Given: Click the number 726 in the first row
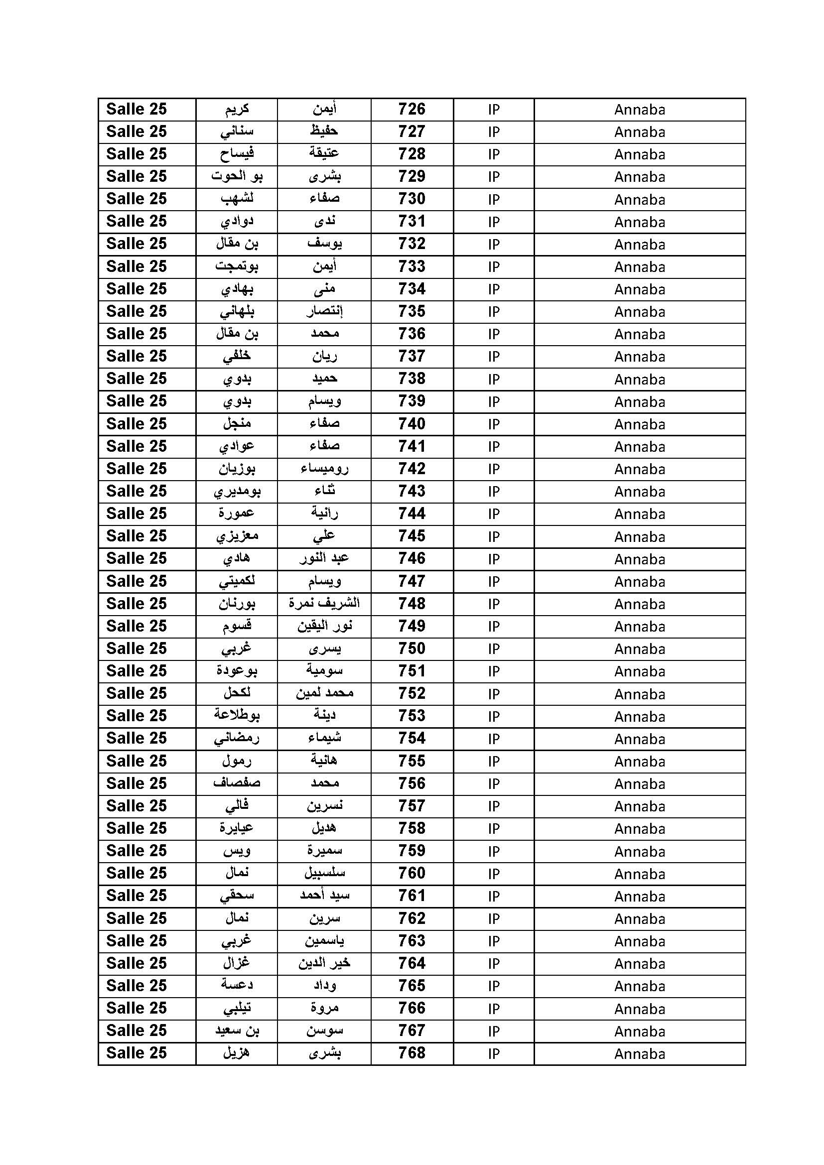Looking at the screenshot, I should click(412, 109).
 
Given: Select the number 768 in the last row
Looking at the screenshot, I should click(412, 1053).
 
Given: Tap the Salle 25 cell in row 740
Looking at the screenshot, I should click(137, 424).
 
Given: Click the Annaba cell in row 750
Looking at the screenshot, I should click(639, 649).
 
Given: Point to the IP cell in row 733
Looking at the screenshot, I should click(494, 267).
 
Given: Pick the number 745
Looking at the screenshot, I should click(412, 536).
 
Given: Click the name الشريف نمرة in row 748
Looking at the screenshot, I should click(324, 603).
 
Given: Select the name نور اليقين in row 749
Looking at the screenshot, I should click(324, 626).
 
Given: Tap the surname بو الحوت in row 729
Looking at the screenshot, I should click(237, 177).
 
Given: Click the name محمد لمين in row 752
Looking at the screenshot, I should click(324, 693).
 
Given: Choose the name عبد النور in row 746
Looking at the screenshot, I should click(324, 559).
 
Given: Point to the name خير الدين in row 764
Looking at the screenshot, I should click(324, 963).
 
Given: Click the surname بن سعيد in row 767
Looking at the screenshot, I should click(237, 1031).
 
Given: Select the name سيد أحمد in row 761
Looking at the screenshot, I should click(324, 896).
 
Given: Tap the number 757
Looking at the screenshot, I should click(412, 806).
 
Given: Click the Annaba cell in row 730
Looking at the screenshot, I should click(639, 199).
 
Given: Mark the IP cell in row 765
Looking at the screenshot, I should click(494, 986).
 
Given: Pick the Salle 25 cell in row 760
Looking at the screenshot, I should click(137, 873).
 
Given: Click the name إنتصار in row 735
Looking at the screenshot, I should click(324, 311).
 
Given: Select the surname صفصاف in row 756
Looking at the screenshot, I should click(237, 783).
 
